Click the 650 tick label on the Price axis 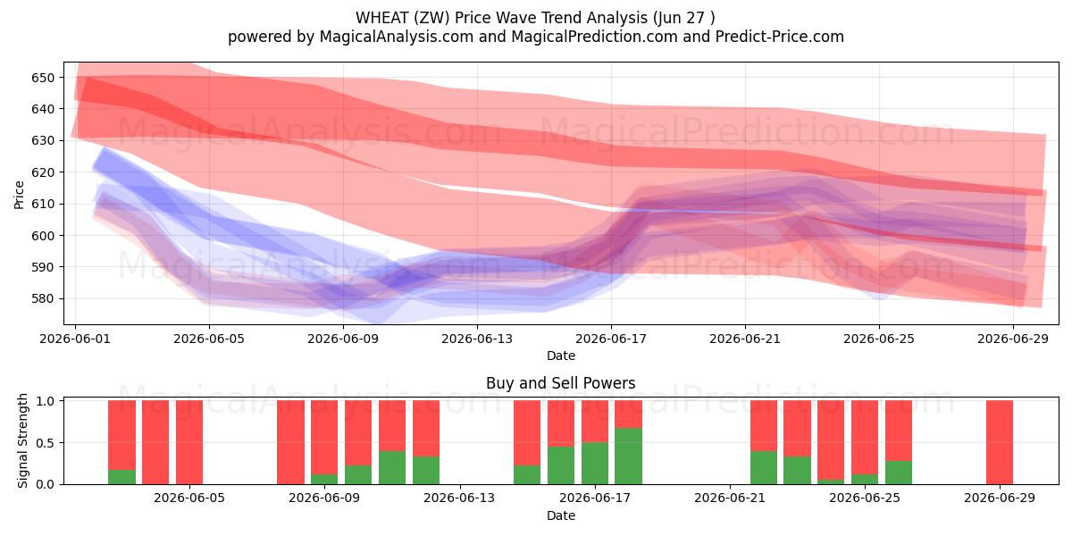click(43, 78)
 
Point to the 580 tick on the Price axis click(43, 298)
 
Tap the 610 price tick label click(43, 204)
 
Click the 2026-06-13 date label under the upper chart click(477, 339)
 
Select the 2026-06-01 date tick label click(75, 339)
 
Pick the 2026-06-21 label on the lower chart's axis click(730, 498)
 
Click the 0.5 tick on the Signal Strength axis click(46, 443)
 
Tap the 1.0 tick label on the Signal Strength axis click(46, 400)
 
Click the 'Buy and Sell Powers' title click(561, 383)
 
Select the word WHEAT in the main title click(382, 18)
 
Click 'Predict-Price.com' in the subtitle click(780, 37)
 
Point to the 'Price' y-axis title click(19, 195)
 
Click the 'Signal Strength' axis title click(22, 440)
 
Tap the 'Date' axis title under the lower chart click(561, 515)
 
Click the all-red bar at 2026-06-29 click(1000, 442)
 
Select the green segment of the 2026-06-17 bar click(595, 464)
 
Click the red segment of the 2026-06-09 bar click(324, 438)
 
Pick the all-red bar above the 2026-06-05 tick click(189, 442)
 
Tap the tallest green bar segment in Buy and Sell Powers click(628, 456)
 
